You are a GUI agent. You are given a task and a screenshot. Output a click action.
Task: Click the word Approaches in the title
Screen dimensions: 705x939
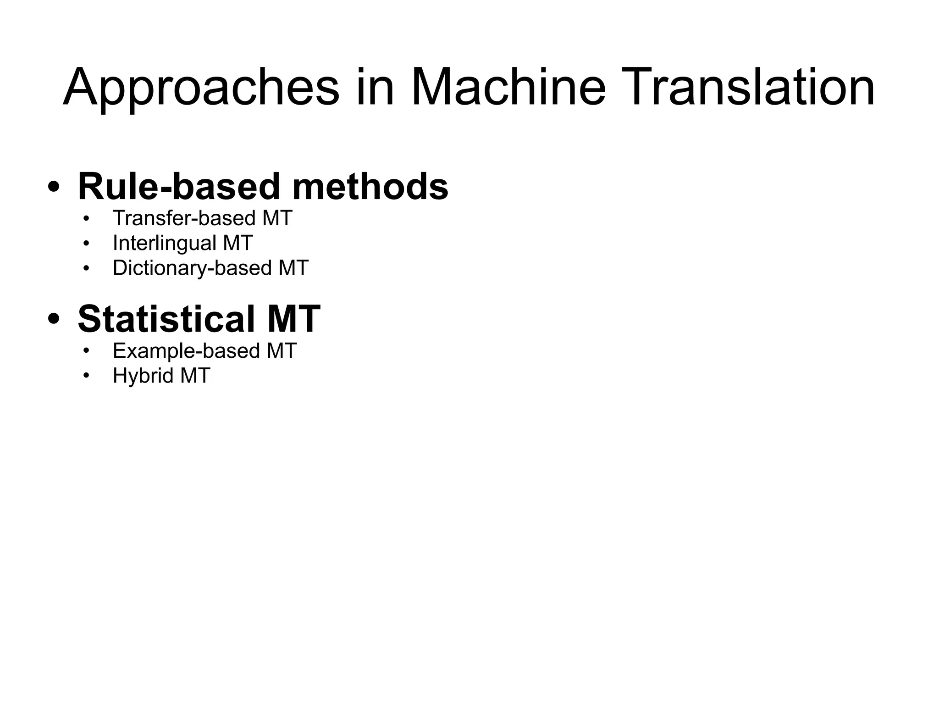click(201, 88)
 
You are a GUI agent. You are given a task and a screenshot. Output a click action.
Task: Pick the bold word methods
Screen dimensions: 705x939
click(370, 187)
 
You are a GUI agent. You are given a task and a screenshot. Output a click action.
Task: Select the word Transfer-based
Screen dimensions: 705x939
click(184, 218)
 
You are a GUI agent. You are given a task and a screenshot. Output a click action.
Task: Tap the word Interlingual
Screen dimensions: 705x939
click(164, 244)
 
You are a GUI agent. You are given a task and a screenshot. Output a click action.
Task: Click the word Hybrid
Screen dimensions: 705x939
click(143, 376)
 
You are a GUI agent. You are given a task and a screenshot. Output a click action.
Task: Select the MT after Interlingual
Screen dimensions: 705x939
click(238, 243)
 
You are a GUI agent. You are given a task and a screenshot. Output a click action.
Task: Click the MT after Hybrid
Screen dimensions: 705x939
click(195, 376)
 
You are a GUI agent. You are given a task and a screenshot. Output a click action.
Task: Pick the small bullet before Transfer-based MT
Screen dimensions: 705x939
click(86, 219)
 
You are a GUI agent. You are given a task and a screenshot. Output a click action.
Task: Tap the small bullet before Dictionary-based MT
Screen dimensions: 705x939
click(86, 268)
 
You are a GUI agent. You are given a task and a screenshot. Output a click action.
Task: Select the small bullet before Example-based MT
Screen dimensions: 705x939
click(86, 352)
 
